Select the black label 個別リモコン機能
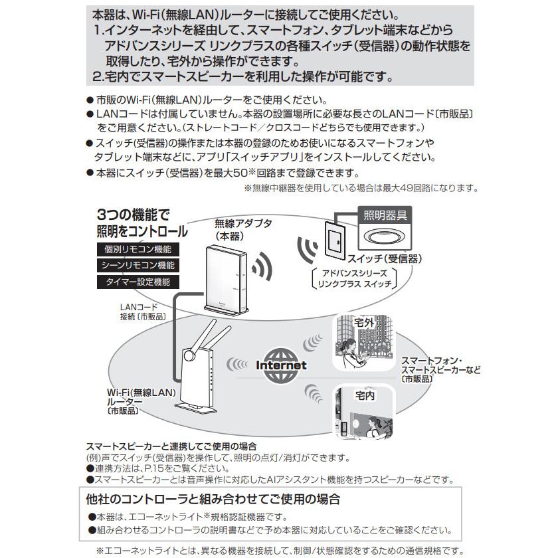point(138,250)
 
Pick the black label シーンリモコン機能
point(138,266)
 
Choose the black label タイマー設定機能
point(138,282)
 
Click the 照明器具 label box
point(385,215)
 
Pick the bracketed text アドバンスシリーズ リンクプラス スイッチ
point(354,278)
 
